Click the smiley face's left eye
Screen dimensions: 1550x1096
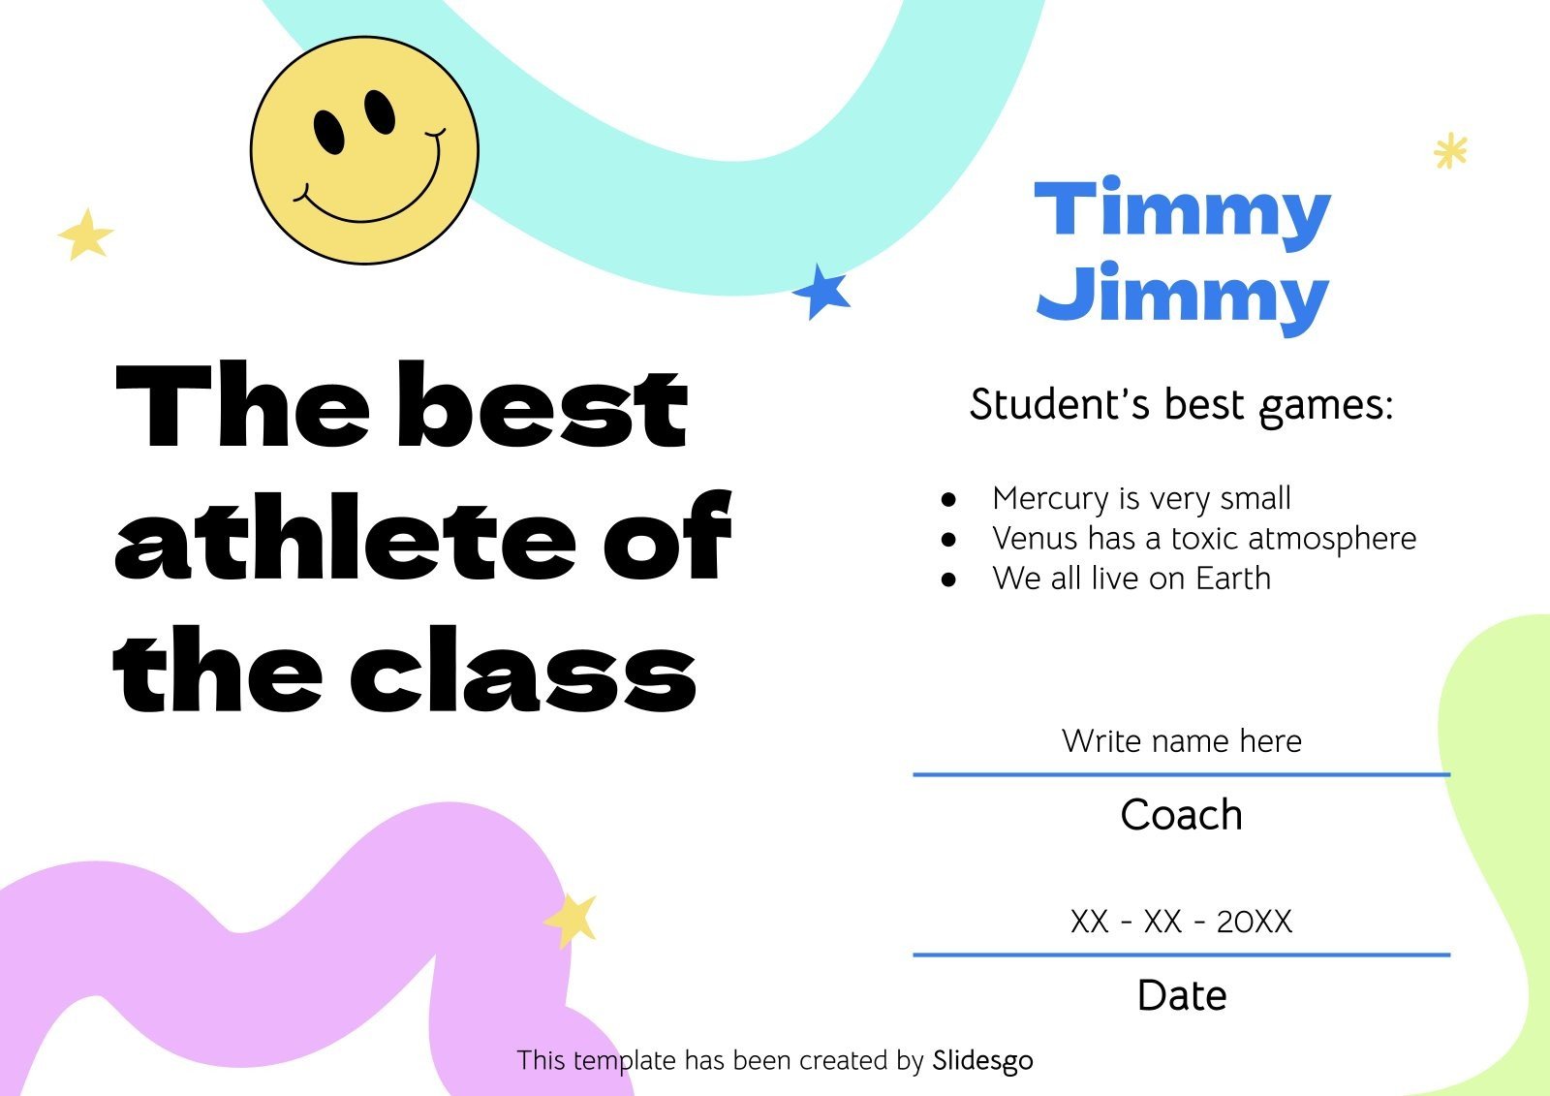[x=328, y=132]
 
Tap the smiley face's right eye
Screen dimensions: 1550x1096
[x=380, y=111]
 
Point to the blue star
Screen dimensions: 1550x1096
[x=821, y=292]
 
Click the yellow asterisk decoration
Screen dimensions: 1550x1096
[x=1450, y=150]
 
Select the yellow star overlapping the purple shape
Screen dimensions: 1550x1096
[x=571, y=920]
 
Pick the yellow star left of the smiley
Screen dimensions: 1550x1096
[x=86, y=234]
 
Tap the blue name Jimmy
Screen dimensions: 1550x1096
[x=1182, y=297]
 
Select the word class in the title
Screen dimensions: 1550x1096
[x=523, y=669]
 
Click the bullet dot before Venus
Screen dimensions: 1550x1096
[x=948, y=539]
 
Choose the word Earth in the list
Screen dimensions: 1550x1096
[x=1233, y=579]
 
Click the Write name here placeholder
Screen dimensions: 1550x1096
[x=1182, y=740]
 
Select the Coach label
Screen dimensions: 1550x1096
[x=1182, y=814]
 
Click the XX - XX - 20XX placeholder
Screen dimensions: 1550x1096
[x=1182, y=922]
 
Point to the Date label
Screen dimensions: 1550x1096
[x=1182, y=995]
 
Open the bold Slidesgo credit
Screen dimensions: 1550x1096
[x=982, y=1061]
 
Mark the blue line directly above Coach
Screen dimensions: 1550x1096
[x=1182, y=774]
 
